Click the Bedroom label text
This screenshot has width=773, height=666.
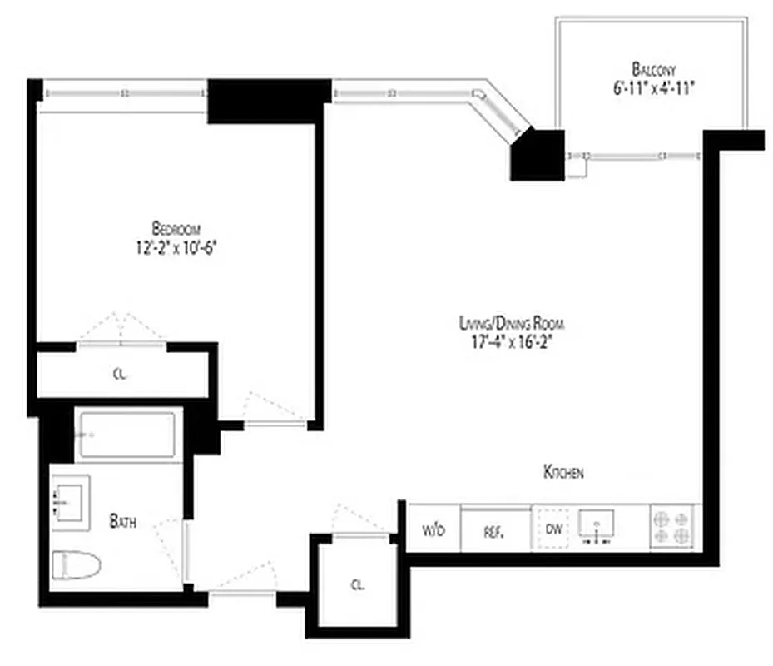point(176,228)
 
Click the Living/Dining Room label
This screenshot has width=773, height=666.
point(517,323)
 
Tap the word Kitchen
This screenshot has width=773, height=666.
point(563,473)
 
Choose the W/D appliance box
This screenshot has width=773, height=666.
point(433,530)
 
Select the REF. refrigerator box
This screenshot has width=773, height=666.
point(495,530)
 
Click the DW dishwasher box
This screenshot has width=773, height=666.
point(553,529)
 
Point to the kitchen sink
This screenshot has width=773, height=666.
point(597,527)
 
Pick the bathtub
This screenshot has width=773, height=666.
point(126,434)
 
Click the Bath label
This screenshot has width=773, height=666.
point(123,523)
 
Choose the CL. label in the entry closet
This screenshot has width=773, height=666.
point(357,584)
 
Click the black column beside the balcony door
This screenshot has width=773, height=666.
point(537,154)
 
